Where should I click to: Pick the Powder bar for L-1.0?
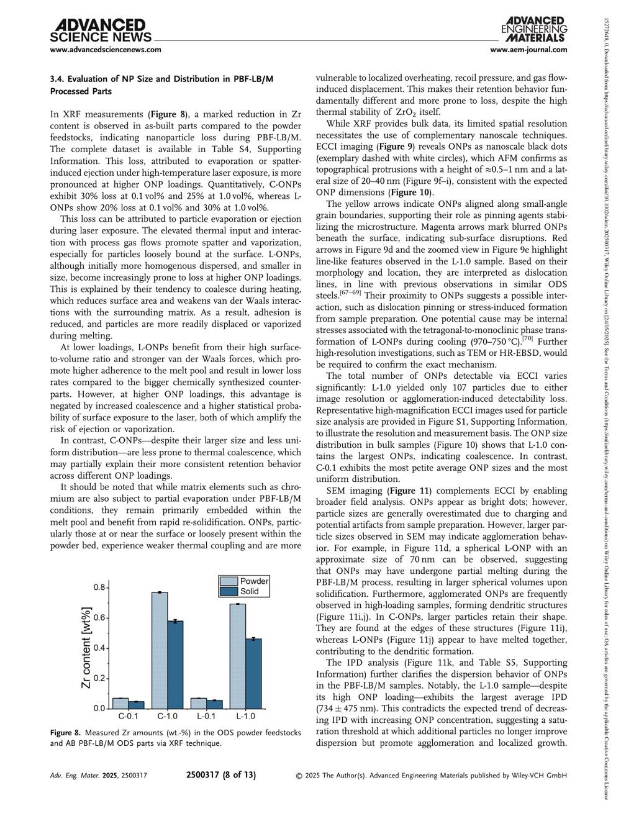pyautogui.click(x=238, y=656)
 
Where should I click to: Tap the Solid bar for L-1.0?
pyautogui.click(x=253, y=673)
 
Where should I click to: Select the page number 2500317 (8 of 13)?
pyautogui.click(x=221, y=775)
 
